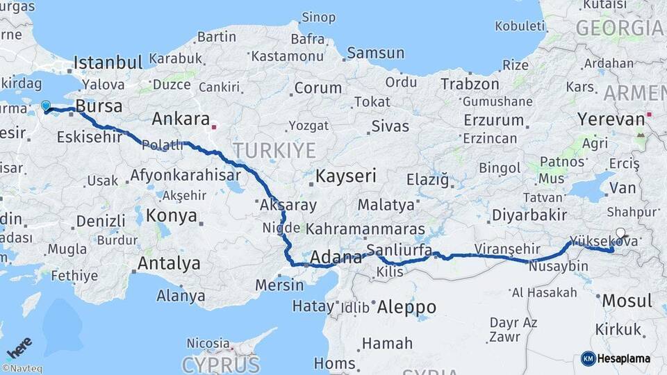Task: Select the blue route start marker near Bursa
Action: [x=46, y=106]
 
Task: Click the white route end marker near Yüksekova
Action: [x=620, y=234]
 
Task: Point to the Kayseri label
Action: [x=345, y=176]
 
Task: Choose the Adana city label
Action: [x=336, y=258]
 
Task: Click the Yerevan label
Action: [x=611, y=119]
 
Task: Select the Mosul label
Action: [x=627, y=301]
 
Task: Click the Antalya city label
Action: [x=169, y=263]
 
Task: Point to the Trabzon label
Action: [x=470, y=84]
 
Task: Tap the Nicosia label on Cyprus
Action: [x=207, y=343]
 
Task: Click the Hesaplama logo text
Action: [x=623, y=358]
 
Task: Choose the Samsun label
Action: [x=375, y=52]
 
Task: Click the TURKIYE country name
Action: [x=274, y=150]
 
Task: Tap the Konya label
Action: [x=172, y=215]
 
